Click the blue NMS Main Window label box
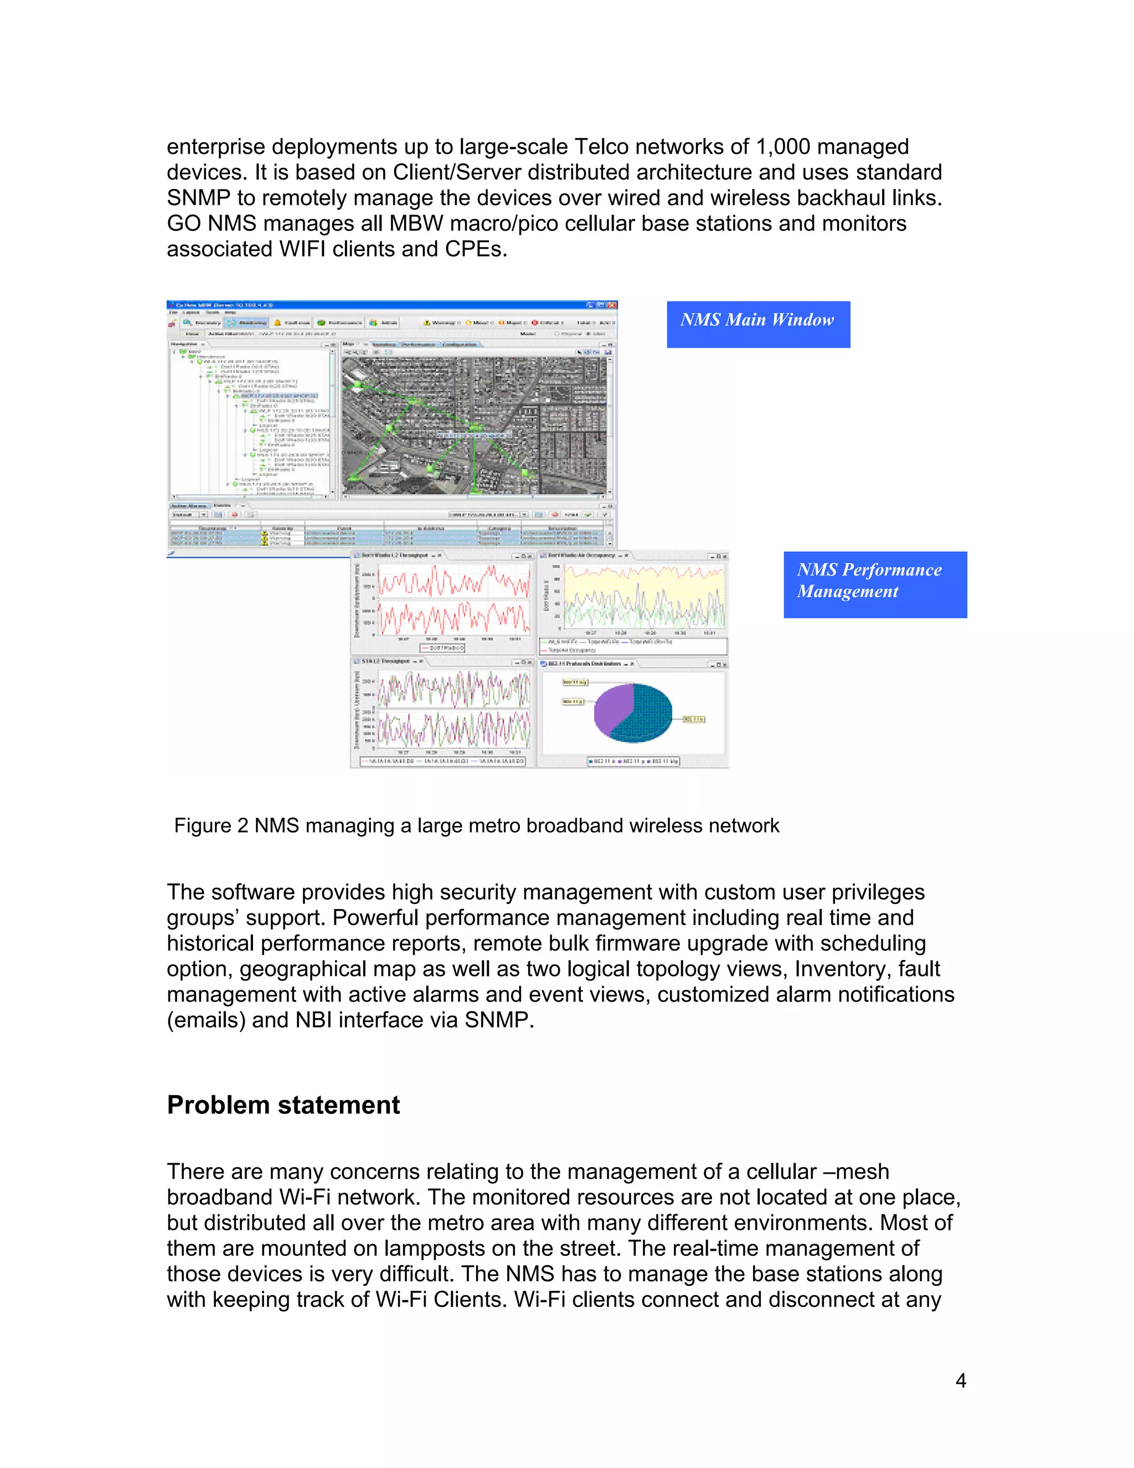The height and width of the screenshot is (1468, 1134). (758, 324)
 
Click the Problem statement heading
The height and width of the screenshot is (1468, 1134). (283, 1105)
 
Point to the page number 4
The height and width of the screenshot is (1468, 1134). (961, 1380)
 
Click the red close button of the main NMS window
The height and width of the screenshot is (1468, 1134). (612, 305)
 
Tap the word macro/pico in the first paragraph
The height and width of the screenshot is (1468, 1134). (494, 223)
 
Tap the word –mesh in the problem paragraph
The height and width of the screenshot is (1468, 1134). (860, 1172)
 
